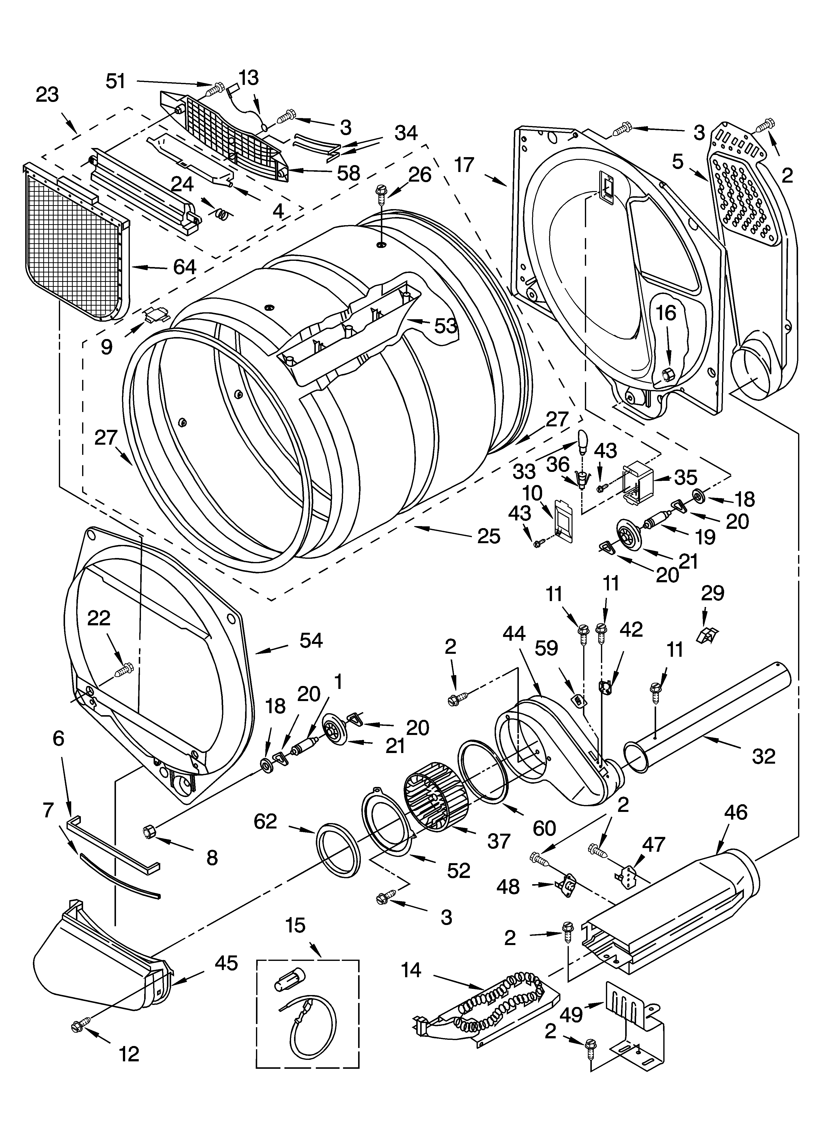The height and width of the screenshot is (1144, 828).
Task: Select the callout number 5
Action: click(x=677, y=162)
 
